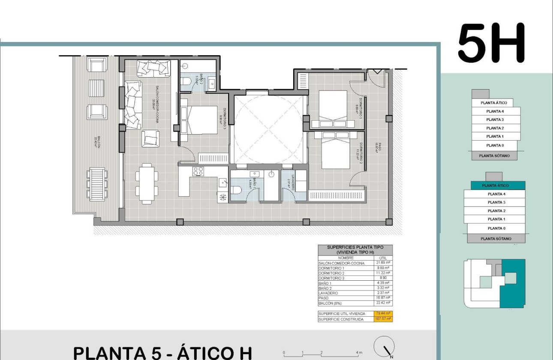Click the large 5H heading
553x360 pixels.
coord(491,44)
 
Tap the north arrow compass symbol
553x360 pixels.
coord(384,346)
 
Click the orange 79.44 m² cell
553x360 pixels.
coord(383,314)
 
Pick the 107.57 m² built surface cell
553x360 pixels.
coord(383,319)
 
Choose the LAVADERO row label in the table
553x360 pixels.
coord(328,293)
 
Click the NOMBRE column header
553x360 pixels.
coord(346,258)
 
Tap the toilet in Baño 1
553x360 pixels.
coord(237,190)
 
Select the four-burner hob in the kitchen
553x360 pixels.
coord(198,171)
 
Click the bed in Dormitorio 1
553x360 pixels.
coord(333,109)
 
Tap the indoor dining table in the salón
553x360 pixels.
coord(147,182)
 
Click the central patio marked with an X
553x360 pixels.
coord(269,129)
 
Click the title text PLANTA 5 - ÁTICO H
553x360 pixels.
coord(162,353)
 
